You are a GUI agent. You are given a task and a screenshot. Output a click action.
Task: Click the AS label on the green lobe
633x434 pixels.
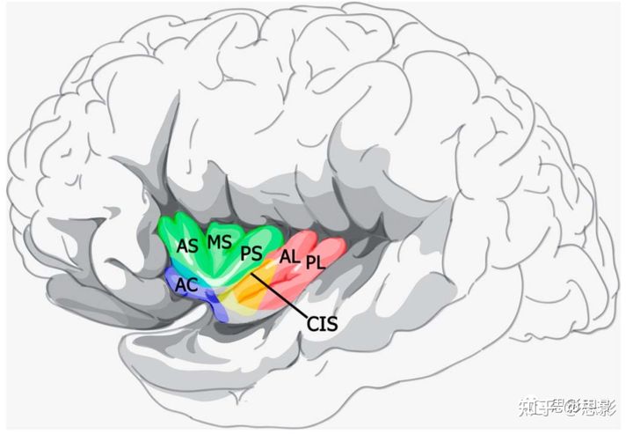pyautogui.click(x=187, y=246)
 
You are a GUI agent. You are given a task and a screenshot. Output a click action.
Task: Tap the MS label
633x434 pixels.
pyautogui.click(x=219, y=241)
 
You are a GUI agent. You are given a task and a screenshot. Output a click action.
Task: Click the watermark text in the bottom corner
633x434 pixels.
pyautogui.click(x=567, y=406)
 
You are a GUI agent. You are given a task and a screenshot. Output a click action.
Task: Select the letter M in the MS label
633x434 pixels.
pyautogui.click(x=214, y=241)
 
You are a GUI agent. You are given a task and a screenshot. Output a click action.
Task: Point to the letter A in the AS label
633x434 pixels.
pyautogui.click(x=182, y=246)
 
